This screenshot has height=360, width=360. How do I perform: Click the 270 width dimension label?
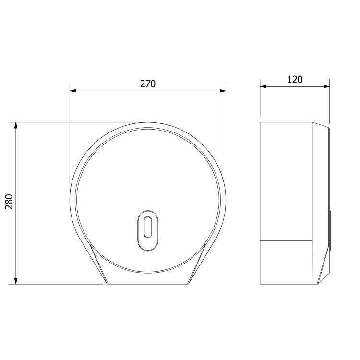[148, 84]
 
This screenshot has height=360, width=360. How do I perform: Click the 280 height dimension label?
[9, 202]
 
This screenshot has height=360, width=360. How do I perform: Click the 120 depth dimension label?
[295, 80]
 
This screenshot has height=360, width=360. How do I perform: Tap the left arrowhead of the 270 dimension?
[73, 91]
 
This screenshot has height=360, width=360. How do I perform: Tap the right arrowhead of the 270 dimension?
[223, 91]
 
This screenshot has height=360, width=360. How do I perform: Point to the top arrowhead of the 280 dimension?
[16, 125]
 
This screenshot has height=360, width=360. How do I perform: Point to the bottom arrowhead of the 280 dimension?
[16, 281]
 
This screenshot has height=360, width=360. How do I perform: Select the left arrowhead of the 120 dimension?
[263, 86]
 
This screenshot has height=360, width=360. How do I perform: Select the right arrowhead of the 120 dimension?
[326, 86]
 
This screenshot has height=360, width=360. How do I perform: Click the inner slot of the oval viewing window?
[148, 227]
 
